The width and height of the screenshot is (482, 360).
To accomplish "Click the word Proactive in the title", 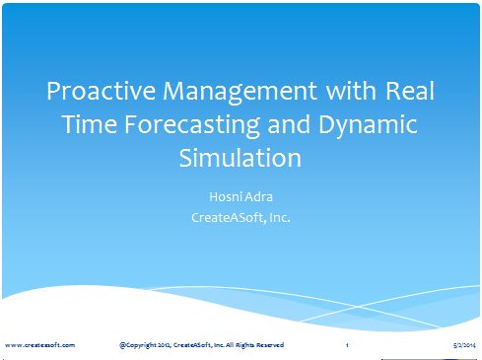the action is tap(101, 91).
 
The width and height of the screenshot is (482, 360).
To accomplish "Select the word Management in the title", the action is tap(240, 93).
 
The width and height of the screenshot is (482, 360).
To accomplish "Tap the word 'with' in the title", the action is tap(351, 90).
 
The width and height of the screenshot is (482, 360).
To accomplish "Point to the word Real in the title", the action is tap(410, 90).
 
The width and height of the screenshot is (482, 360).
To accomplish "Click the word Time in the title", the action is tap(89, 124).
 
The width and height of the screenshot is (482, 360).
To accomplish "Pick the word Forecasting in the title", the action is tap(192, 125).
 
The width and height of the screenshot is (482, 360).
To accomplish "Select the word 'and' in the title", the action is tap(289, 124).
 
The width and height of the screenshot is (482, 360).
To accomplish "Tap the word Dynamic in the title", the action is tap(368, 125).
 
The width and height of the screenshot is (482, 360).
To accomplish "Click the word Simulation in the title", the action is tap(241, 158).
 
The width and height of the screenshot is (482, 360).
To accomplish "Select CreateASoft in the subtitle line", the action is tap(229, 217).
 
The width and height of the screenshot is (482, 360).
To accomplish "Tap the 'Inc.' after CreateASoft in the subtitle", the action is tap(279, 217).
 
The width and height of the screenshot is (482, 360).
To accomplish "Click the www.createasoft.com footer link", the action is tap(39, 345).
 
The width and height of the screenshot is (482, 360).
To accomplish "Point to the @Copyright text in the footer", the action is tap(138, 345).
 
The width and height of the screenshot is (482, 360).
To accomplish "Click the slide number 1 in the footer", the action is tap(347, 345).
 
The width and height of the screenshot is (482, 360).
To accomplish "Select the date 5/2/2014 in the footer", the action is tap(464, 345).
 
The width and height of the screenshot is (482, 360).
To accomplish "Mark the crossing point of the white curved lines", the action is tap(358, 307).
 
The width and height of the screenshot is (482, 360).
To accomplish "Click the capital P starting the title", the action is tap(53, 91).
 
